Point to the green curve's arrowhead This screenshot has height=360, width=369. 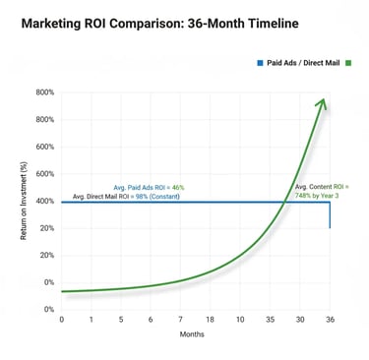coord(323,103)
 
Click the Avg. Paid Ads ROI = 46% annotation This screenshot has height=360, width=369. coord(149,187)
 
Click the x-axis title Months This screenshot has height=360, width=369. coord(191,334)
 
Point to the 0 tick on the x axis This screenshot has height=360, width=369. coord(61,319)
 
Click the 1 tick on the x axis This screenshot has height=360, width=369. coord(91,319)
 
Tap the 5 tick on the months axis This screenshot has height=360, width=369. coord(121,319)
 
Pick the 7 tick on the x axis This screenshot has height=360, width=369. coord(180,319)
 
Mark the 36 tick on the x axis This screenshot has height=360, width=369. coord(330,319)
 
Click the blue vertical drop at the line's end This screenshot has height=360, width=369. coord(330,215)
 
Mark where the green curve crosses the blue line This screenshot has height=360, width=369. coord(283,203)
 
